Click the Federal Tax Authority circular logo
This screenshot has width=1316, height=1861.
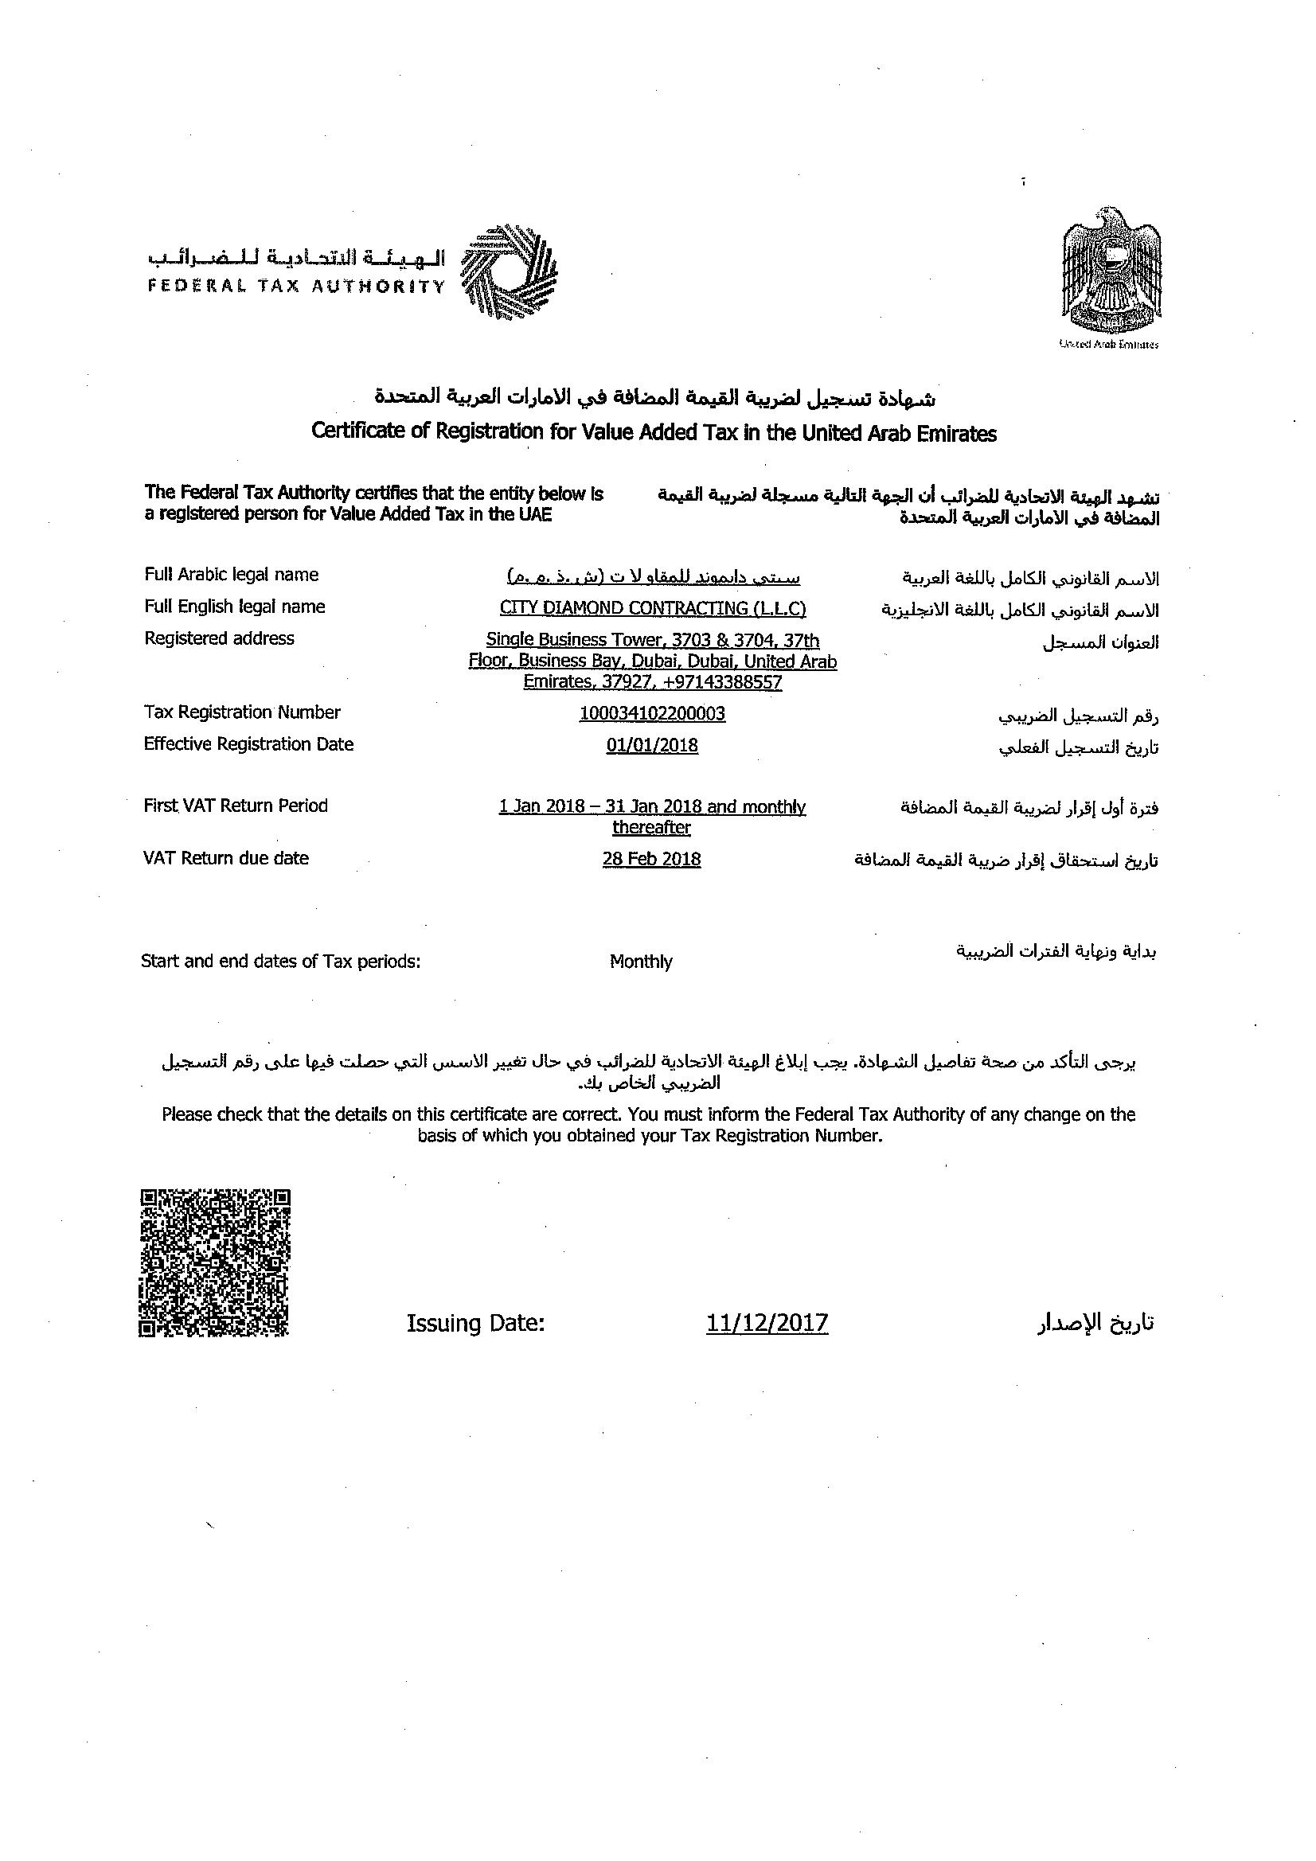tap(509, 271)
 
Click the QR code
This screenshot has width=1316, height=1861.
tap(215, 1262)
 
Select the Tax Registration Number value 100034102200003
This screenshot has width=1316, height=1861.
tap(652, 713)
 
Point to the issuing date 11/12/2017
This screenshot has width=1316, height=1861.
tap(767, 1324)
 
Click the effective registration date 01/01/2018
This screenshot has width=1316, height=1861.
tap(652, 745)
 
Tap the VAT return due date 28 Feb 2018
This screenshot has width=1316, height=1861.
tap(651, 859)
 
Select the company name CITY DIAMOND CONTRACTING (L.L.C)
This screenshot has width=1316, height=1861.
tap(653, 608)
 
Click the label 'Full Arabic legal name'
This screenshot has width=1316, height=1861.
tap(231, 575)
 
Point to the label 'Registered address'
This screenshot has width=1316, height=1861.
tap(219, 638)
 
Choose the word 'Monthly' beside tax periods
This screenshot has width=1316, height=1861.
tap(641, 962)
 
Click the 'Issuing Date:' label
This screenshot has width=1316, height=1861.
tap(475, 1324)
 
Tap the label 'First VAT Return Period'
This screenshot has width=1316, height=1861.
tap(236, 806)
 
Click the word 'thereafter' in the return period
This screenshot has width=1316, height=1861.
tap(651, 828)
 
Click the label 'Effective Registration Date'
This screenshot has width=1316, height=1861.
tap(249, 744)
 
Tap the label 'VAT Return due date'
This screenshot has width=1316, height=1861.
tap(226, 858)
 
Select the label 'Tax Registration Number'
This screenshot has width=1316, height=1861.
tap(243, 712)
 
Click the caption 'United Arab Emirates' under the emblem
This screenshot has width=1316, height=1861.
tap(1108, 345)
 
